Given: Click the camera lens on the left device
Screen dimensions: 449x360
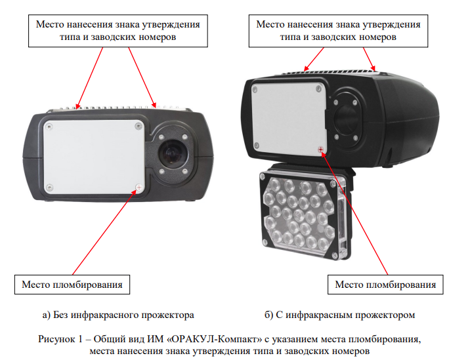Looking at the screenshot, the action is coord(173,154).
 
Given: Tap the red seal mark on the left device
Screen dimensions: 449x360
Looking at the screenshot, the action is coord(139,188).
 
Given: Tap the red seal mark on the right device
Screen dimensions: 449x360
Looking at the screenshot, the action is coord(321,150).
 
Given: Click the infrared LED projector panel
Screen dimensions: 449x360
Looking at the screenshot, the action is coord(303,214).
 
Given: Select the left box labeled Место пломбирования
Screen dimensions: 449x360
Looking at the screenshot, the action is coord(72,285).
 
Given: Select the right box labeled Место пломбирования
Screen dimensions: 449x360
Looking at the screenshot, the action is coord(385,285).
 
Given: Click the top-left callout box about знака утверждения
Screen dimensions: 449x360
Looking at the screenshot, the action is coord(118,31).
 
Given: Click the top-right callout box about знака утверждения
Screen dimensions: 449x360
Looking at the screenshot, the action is coord(339,31).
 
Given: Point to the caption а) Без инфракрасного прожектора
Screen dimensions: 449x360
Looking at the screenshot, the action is coord(118,315).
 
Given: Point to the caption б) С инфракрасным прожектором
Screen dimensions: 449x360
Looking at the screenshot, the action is coord(339,315).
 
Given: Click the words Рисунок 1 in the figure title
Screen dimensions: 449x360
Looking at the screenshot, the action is coord(60,340).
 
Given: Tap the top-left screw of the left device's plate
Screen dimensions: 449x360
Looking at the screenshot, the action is coord(49,126).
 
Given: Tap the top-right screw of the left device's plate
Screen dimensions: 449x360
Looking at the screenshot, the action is coord(139,125).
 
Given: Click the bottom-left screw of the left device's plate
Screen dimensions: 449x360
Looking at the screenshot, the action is coord(49,188).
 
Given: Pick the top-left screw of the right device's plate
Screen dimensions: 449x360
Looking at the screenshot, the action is coord(254,90).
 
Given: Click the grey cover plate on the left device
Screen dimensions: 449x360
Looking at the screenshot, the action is coord(94,157).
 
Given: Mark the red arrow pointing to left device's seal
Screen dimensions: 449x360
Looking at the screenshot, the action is coord(104,232).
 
